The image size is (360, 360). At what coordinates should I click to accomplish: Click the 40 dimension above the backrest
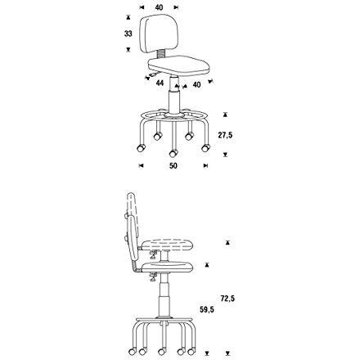click(159, 7)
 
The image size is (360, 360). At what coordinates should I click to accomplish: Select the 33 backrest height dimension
click(128, 34)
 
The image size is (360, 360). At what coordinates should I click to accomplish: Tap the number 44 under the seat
click(160, 83)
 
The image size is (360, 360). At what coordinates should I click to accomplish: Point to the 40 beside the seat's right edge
click(196, 84)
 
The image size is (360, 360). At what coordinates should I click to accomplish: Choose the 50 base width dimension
click(173, 166)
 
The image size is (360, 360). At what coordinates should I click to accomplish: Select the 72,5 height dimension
click(227, 299)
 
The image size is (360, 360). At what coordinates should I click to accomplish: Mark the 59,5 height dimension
click(207, 310)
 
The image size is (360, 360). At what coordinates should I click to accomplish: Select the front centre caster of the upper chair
click(173, 153)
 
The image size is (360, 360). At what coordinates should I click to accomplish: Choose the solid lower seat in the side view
click(167, 267)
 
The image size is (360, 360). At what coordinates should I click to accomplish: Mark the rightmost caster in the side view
click(193, 354)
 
